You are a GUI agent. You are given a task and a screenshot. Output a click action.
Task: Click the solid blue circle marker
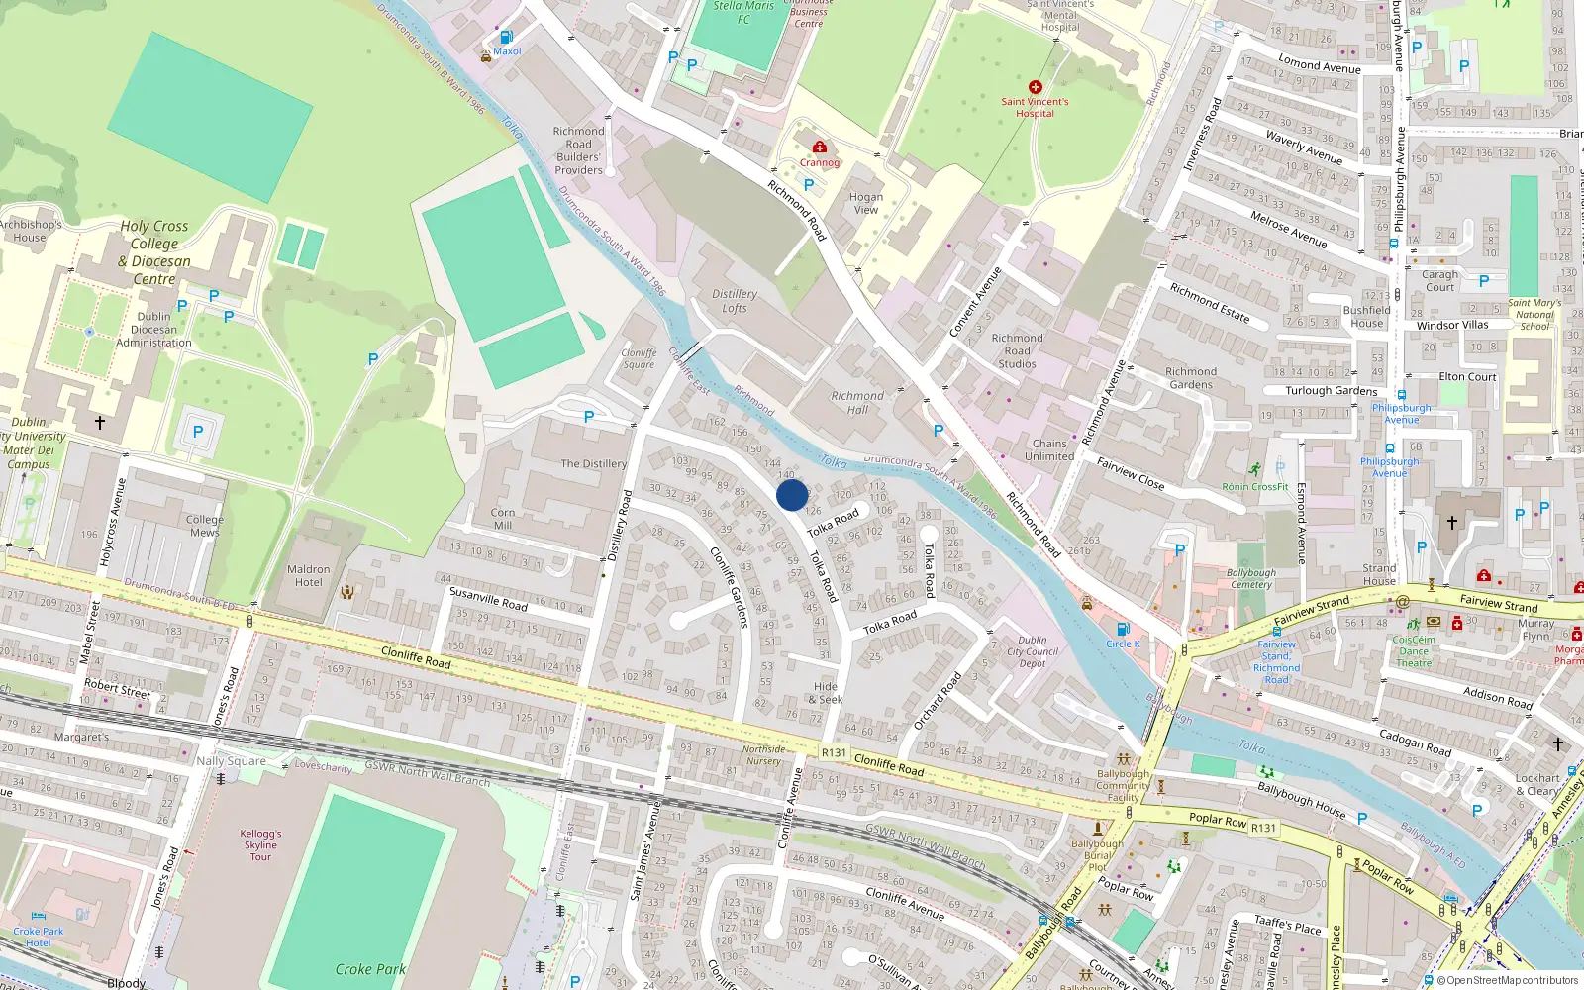[792, 495]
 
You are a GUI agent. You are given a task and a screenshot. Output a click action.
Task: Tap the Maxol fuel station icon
[506, 38]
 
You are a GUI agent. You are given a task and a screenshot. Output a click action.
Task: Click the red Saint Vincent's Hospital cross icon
[1035, 87]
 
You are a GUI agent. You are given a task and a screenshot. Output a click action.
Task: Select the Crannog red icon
[819, 148]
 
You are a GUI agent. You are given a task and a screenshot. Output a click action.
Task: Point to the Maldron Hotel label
[309, 575]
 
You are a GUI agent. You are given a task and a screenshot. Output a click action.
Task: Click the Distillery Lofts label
[735, 301]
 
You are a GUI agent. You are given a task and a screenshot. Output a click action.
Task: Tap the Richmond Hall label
[857, 402]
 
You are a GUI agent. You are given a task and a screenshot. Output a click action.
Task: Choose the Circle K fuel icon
[1123, 629]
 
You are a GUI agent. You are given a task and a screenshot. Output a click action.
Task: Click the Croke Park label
[370, 969]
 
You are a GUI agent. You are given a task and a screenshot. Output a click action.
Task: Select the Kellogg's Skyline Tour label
[260, 844]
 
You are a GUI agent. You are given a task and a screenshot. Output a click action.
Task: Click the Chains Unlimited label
[1049, 449]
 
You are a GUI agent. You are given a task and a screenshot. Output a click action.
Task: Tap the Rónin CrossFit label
[1254, 486]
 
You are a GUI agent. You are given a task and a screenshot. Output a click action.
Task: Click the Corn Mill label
[503, 519]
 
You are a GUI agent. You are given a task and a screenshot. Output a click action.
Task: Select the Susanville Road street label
[488, 598]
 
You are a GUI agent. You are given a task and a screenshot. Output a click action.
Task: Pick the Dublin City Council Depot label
[1033, 651]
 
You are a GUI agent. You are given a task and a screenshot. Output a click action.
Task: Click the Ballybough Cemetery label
[1251, 578]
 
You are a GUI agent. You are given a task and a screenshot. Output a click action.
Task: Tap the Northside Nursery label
[763, 755]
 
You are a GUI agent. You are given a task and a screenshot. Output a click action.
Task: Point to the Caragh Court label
[1440, 281]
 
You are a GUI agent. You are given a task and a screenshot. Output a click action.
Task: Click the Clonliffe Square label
[639, 358]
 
